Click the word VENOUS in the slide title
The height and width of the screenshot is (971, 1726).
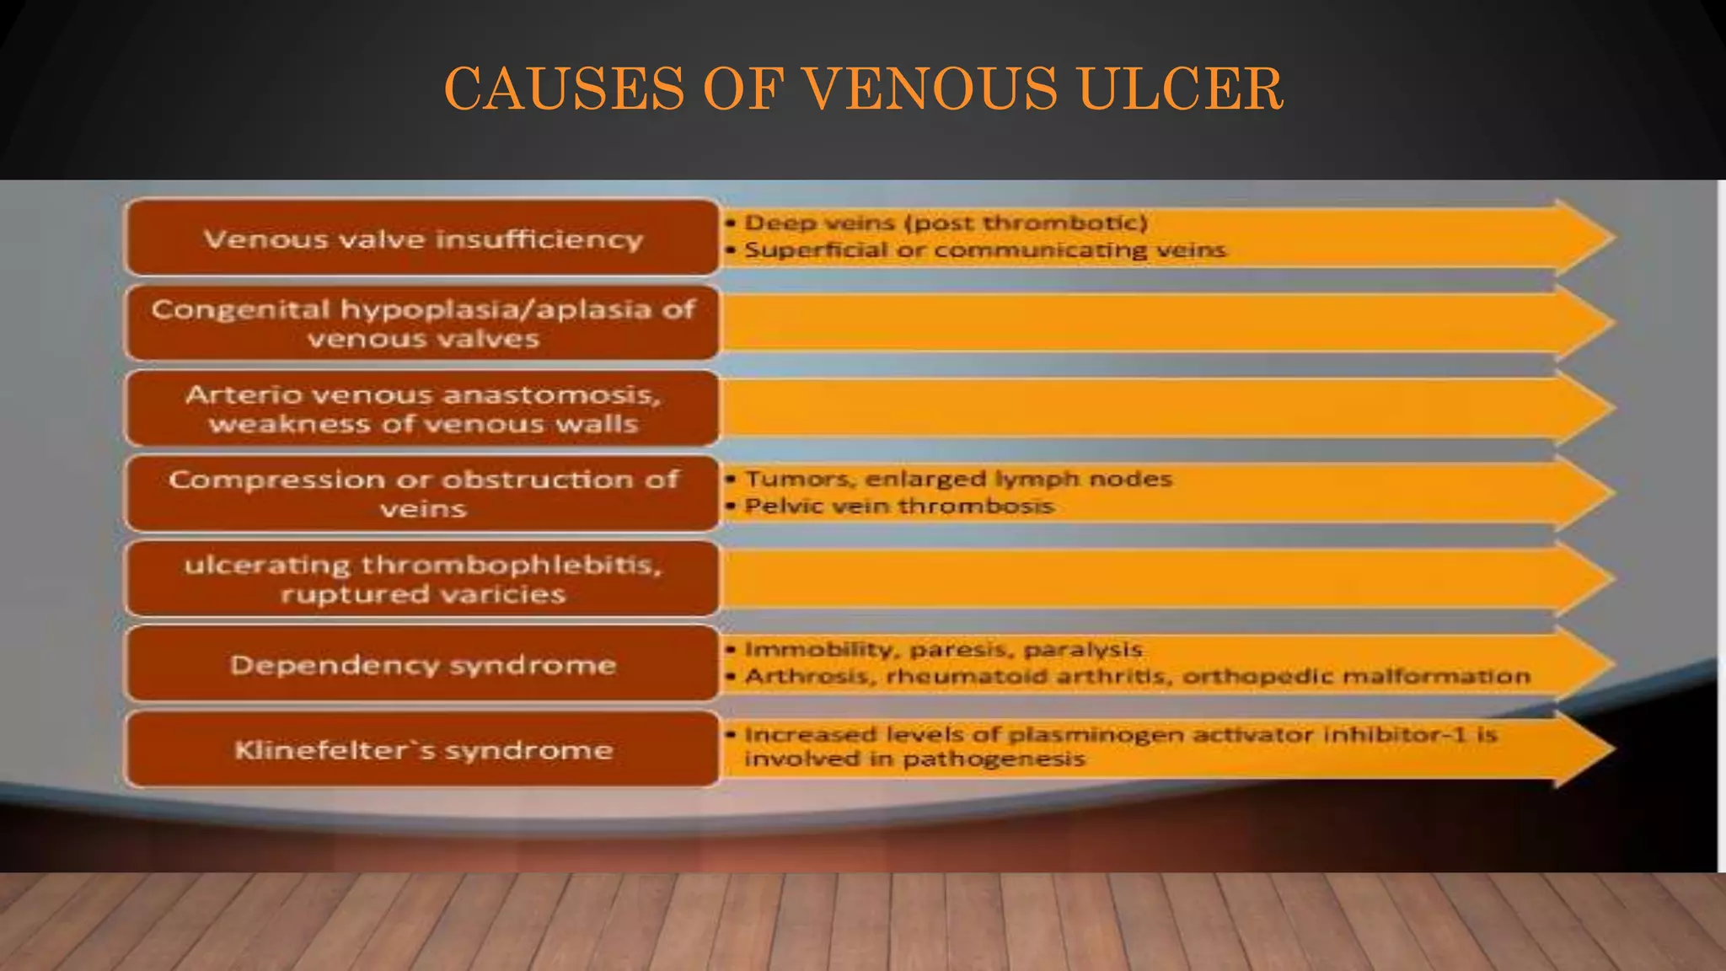930,89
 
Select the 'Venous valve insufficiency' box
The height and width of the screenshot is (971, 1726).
422,239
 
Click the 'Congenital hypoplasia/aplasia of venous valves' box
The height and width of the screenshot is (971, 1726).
422,324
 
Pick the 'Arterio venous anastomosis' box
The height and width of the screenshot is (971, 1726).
422,409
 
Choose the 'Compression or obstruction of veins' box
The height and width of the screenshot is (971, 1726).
422,494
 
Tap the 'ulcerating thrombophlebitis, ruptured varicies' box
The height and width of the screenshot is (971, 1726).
422,579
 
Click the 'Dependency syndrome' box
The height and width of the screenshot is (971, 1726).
422,665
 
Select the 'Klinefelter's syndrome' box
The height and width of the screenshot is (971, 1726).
422,750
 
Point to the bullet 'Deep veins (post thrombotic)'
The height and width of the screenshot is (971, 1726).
946,223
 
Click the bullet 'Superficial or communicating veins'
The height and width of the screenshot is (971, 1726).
984,250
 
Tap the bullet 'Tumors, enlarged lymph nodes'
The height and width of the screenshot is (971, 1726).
958,479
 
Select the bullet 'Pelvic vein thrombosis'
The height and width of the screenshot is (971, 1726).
899,506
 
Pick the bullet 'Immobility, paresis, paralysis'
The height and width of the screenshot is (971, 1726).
943,649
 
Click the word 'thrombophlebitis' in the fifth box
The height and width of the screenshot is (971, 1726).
512,564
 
